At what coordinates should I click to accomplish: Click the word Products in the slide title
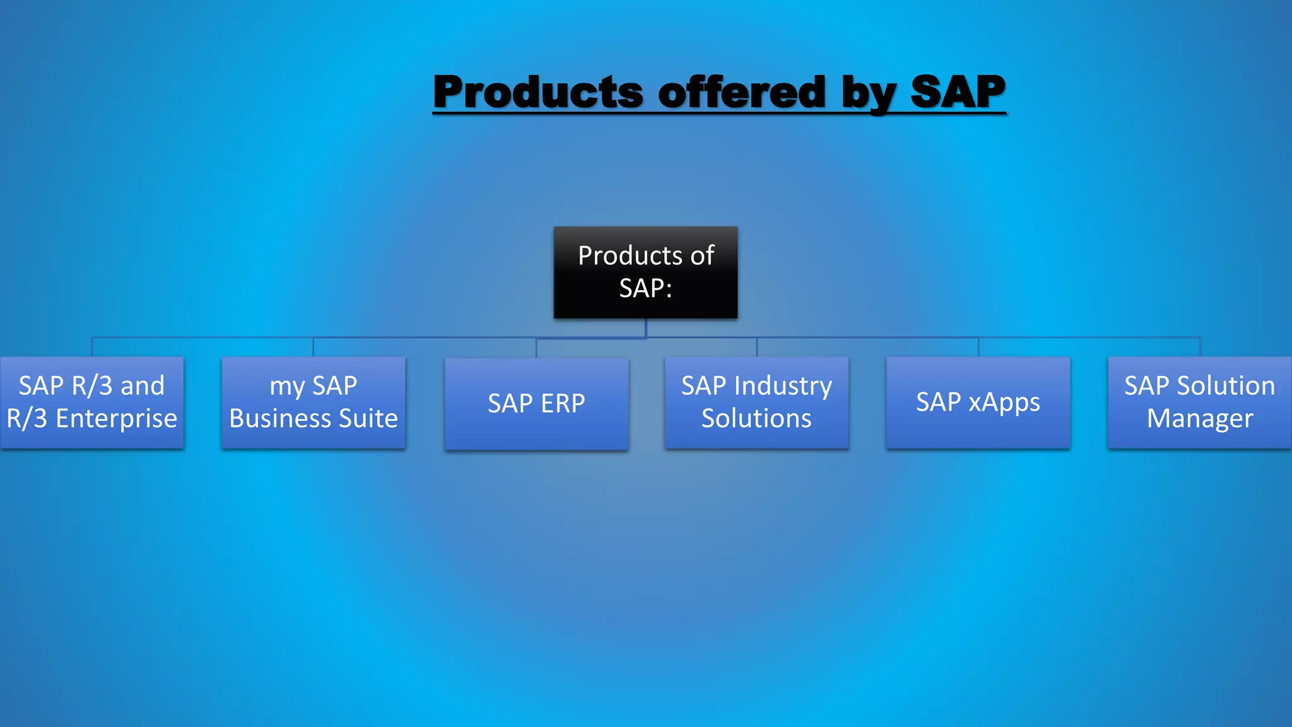pos(538,92)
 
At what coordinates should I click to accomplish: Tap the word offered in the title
pos(742,92)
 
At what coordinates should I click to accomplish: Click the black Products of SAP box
pos(645,273)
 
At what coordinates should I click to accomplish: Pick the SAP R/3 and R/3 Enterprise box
pos(92,403)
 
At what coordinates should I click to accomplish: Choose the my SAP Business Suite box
pos(314,403)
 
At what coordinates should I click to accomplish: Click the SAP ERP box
pos(536,404)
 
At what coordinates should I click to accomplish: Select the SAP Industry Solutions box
pos(756,403)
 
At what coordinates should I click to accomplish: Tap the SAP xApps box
pos(978,403)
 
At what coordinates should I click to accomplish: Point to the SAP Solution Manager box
pos(1199,403)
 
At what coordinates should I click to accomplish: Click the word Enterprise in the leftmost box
pos(116,419)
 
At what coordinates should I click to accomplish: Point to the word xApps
pos(1004,403)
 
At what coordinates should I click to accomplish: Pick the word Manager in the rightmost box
pos(1199,419)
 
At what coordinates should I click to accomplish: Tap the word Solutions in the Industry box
pos(756,419)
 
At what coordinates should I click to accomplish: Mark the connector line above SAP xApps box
pos(978,347)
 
